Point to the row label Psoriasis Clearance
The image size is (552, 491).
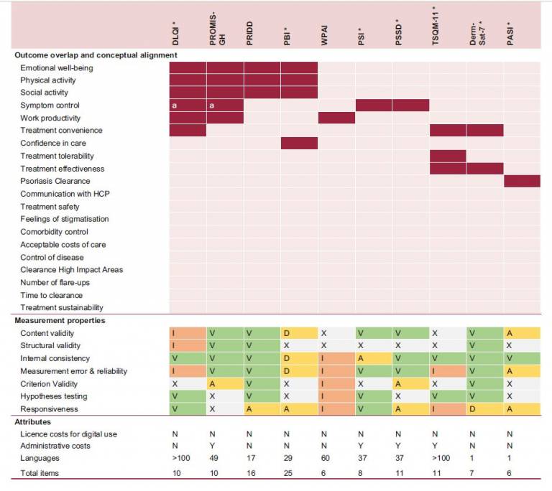(x=55, y=182)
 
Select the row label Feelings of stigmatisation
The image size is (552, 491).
(x=65, y=219)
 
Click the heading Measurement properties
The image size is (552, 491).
(x=60, y=321)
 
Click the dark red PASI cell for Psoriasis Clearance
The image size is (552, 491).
(x=522, y=182)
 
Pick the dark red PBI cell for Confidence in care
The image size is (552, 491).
(x=299, y=144)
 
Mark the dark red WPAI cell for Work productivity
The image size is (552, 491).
(x=336, y=118)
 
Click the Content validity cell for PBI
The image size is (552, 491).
(x=299, y=334)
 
